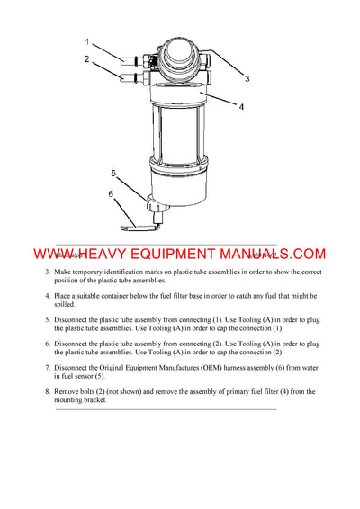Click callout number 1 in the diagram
(87, 40)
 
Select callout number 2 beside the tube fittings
(87, 59)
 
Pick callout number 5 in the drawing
(113, 172)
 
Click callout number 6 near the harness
(111, 192)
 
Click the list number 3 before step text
(47, 272)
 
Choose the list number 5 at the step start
(47, 320)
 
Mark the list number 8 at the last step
(47, 392)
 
